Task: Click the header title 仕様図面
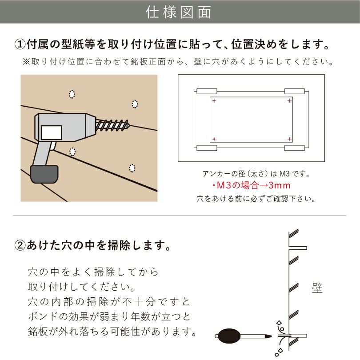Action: [x=180, y=12]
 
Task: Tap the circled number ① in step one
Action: [x=20, y=45]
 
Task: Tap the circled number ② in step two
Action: [x=20, y=245]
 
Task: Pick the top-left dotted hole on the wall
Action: [x=72, y=94]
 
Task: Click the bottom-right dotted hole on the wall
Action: [x=132, y=168]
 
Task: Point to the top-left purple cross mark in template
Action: [x=214, y=101]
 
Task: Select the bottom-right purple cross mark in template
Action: [x=289, y=139]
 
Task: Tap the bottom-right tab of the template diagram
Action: [x=295, y=148]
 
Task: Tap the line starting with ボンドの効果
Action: [x=109, y=317]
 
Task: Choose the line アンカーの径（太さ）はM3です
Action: [x=251, y=173]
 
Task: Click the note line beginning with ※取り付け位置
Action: [x=178, y=62]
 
